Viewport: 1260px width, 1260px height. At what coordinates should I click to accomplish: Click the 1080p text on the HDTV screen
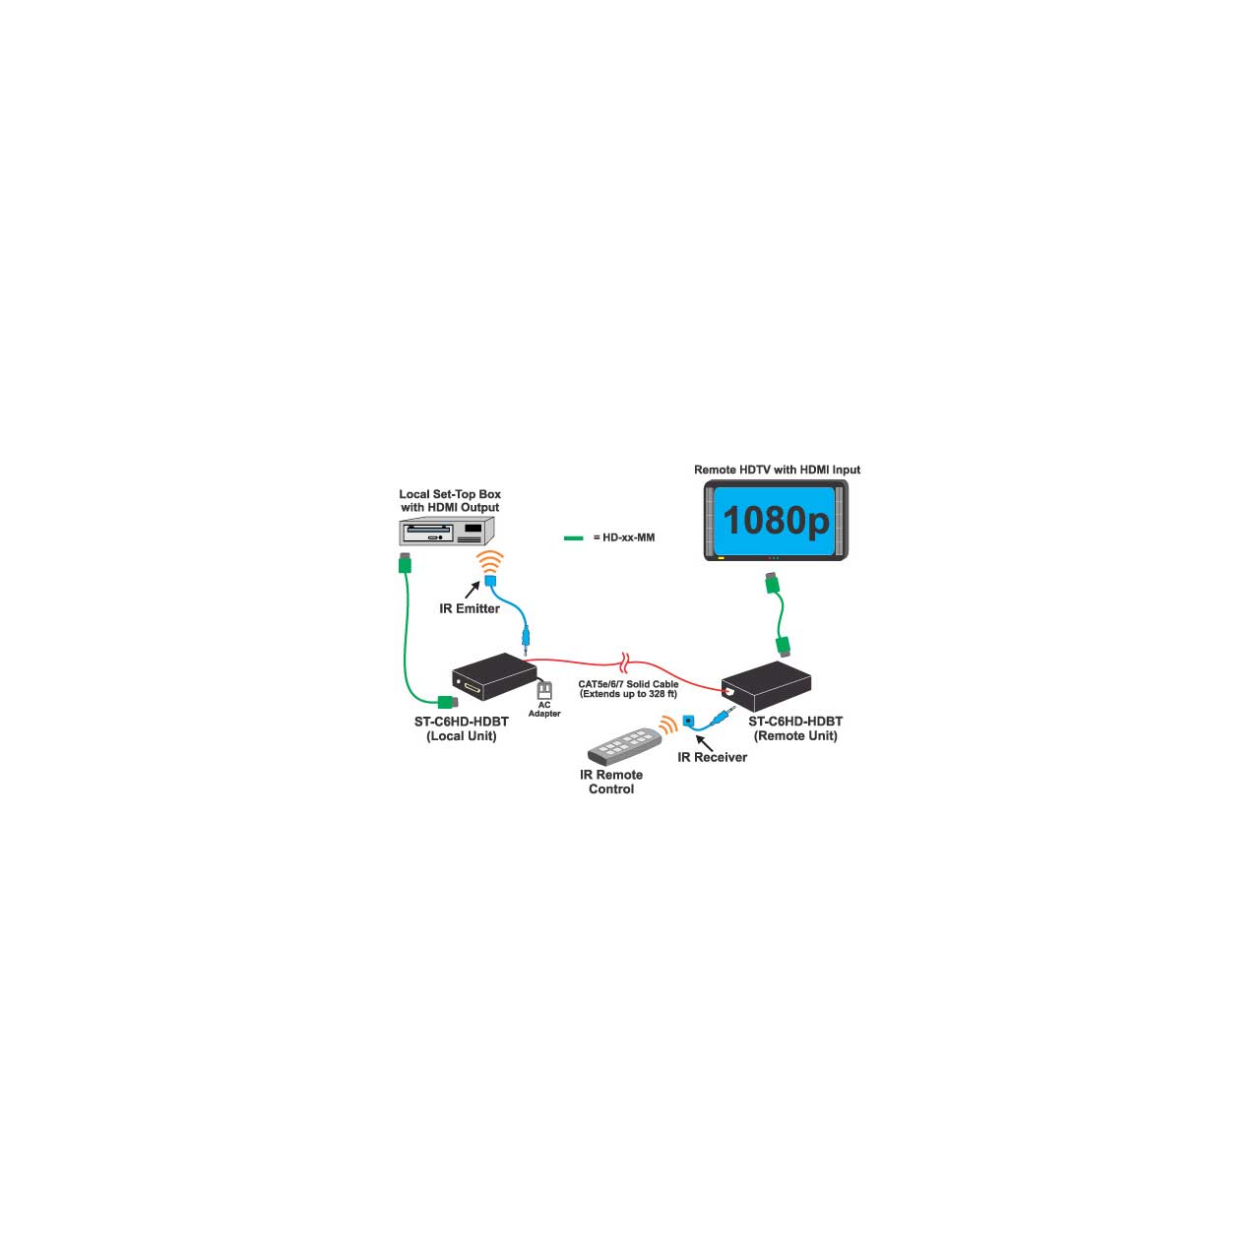point(776,521)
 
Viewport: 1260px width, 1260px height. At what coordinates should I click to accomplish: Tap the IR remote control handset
point(624,745)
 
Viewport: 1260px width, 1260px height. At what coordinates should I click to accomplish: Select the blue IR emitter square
point(490,580)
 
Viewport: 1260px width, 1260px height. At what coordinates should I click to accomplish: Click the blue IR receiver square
point(688,721)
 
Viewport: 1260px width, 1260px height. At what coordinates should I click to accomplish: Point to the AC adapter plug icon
point(544,690)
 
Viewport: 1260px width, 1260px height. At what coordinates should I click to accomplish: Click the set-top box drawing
point(447,531)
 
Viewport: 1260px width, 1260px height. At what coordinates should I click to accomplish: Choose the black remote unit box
point(766,686)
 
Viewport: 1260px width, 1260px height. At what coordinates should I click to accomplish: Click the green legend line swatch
point(574,538)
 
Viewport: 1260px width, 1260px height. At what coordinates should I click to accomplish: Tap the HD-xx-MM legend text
point(624,537)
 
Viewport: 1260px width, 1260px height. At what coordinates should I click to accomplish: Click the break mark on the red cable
point(625,662)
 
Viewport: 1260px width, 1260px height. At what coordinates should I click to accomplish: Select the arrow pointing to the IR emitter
point(472,590)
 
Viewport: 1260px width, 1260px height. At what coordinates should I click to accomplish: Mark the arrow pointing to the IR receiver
point(704,743)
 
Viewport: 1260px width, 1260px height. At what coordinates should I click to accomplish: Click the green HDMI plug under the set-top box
point(405,563)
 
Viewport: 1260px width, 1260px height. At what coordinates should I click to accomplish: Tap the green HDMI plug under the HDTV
point(772,583)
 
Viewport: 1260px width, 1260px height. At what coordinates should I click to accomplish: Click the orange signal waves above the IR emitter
point(490,562)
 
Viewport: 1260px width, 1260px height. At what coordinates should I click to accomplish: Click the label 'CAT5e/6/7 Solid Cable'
point(628,684)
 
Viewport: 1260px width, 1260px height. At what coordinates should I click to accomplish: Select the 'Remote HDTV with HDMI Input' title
point(777,470)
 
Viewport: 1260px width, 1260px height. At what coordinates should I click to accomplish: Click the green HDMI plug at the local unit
point(448,702)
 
